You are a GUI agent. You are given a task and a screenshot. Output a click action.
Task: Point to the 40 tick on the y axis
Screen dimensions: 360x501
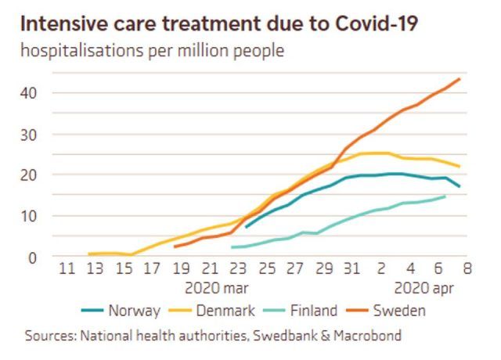coord(29,93)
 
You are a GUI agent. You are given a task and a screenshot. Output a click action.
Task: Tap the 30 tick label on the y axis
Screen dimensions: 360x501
coord(29,134)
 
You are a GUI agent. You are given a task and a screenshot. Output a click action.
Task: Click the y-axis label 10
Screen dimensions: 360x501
coord(29,216)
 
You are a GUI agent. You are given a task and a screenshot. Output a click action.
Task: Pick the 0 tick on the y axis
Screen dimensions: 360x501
coord(33,257)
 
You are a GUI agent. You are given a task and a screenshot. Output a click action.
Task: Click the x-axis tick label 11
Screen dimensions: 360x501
coord(67,268)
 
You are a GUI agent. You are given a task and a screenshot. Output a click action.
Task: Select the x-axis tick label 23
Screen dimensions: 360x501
coord(239,268)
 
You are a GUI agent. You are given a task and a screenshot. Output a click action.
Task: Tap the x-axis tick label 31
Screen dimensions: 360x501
coord(353,268)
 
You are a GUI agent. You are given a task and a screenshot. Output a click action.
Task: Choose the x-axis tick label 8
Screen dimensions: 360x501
coord(468,268)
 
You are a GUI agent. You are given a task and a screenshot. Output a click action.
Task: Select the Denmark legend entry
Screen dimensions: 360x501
coord(225,311)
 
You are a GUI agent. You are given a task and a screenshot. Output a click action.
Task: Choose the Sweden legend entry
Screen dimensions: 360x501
coord(401,311)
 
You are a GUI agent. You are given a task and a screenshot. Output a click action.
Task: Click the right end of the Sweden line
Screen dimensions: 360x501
coord(460,79)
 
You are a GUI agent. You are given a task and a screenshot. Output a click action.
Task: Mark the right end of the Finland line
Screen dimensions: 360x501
coord(445,196)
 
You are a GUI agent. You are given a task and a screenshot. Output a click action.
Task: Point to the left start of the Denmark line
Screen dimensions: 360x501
coord(88,254)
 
